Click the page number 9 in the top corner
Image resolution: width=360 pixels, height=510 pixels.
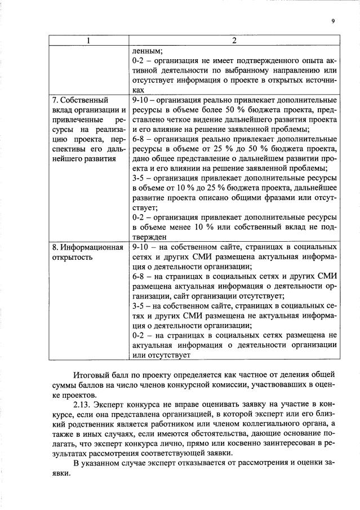[333, 21]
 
